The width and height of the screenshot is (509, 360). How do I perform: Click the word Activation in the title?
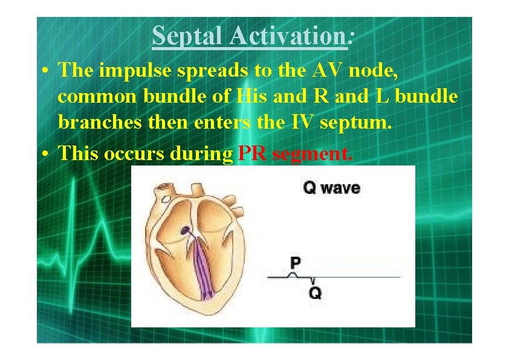[287, 36]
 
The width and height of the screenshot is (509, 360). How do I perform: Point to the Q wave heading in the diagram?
[331, 188]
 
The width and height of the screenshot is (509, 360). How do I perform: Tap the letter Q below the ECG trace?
[315, 294]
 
